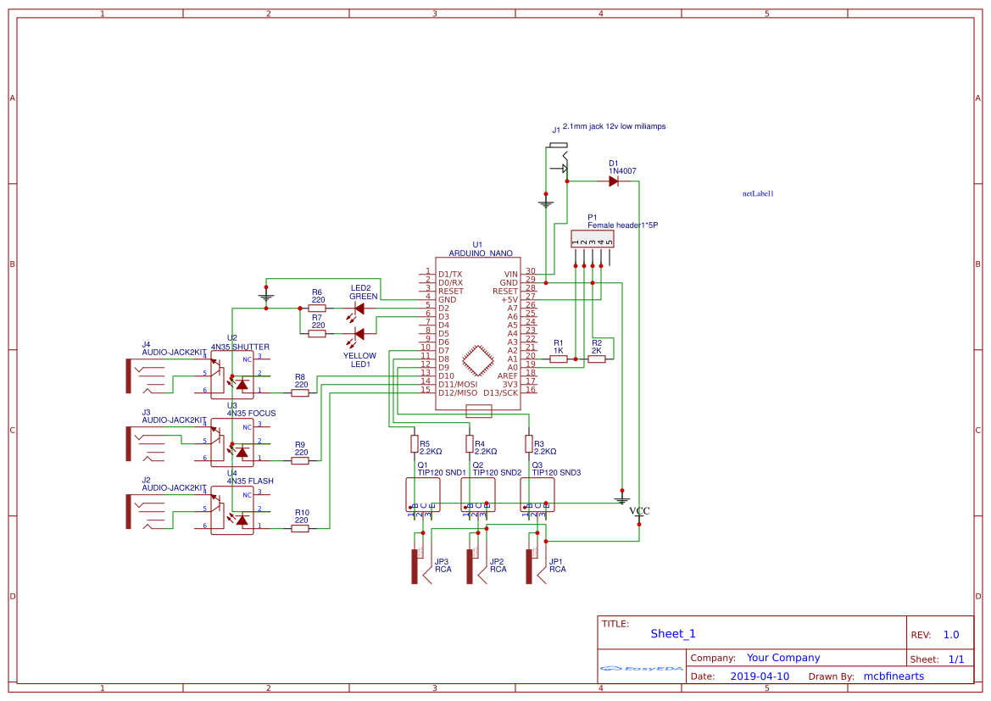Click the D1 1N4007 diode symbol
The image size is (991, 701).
point(613,181)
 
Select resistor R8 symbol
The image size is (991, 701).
point(300,392)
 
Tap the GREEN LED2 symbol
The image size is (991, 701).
point(359,309)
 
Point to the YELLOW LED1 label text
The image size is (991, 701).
point(359,360)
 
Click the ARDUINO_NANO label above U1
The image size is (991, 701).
point(480,253)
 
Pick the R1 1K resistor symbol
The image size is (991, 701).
point(559,359)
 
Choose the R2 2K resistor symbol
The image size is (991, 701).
point(597,359)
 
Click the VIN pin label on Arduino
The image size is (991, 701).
point(510,275)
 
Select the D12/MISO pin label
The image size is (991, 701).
point(457,392)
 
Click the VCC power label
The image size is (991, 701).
point(639,511)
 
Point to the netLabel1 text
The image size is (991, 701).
point(758,194)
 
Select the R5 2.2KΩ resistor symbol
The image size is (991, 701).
point(414,443)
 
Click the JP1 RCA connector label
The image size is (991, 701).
point(556,565)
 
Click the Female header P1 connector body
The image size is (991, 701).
point(593,237)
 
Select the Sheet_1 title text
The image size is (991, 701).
point(673,634)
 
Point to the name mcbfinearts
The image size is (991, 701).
point(894,676)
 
